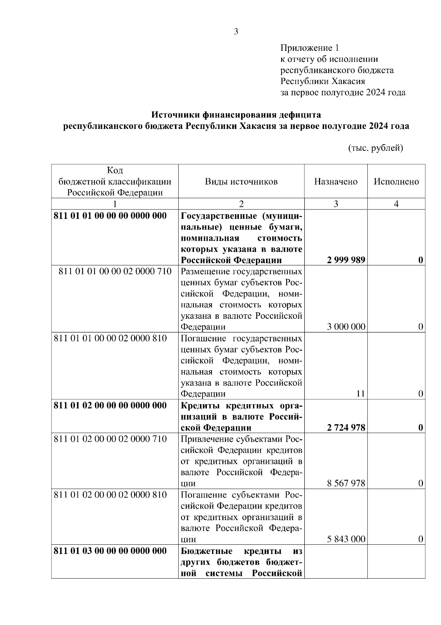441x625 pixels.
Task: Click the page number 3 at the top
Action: [236, 32]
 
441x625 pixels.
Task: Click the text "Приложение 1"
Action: [309, 48]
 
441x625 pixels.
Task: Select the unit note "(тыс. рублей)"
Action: [376, 148]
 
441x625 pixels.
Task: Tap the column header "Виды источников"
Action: [241, 181]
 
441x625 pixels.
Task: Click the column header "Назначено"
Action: [336, 181]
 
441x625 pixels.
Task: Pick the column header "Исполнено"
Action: [396, 181]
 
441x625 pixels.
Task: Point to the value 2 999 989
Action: [346, 260]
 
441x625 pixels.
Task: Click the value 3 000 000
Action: [346, 326]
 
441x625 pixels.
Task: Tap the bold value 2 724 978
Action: [346, 427]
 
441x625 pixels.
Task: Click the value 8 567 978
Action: [346, 483]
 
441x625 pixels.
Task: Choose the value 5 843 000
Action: [346, 539]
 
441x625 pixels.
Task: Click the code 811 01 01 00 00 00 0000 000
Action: [110, 216]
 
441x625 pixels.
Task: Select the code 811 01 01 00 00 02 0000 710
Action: [115, 272]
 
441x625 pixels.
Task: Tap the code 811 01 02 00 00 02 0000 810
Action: [110, 494]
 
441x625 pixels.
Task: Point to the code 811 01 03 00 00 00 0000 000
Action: [110, 551]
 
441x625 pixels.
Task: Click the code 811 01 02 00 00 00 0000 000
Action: [110, 405]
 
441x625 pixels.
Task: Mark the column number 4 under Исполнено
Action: [396, 204]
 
